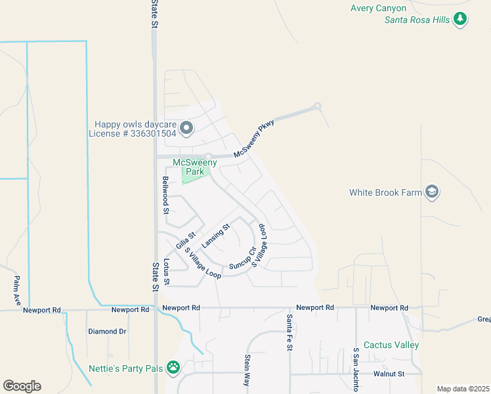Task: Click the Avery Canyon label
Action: click(378, 8)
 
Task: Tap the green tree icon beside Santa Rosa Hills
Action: click(461, 19)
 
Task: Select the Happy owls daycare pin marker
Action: click(186, 128)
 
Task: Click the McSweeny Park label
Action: click(190, 167)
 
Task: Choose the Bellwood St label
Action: click(166, 195)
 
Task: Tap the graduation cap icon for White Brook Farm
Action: click(432, 192)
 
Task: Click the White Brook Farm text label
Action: click(385, 192)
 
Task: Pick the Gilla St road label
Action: click(186, 239)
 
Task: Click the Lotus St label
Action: click(166, 271)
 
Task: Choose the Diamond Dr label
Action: click(107, 332)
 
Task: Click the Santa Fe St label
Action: click(288, 332)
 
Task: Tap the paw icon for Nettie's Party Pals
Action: click(173, 366)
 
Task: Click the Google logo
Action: click(22, 386)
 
